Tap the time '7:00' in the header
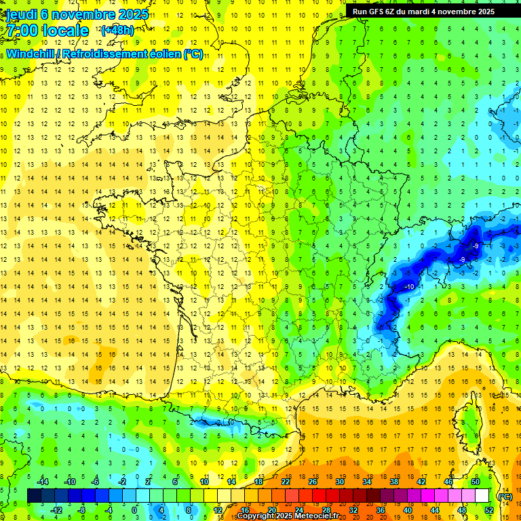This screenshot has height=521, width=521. [24, 31]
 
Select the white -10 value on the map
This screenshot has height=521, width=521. [409, 288]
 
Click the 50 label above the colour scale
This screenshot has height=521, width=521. [476, 482]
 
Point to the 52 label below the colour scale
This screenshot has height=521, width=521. [489, 510]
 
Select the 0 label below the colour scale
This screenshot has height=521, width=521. [134, 510]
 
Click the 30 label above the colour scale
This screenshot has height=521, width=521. [340, 482]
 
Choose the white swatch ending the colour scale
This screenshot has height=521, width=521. [482, 496]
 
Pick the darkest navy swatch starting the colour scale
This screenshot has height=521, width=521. [34, 496]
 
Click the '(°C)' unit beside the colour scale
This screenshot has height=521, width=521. [505, 496]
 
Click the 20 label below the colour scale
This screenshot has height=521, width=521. [272, 510]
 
